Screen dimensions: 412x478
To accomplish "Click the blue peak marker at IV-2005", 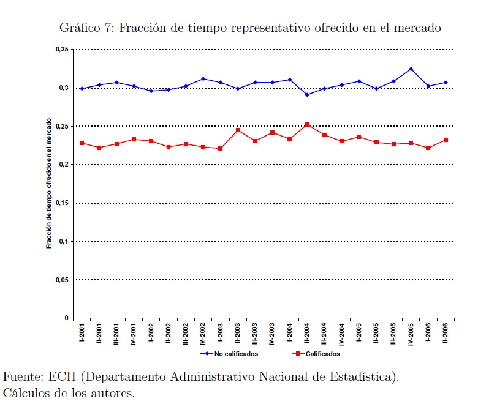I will point(411,69).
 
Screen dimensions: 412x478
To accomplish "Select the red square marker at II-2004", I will point(307,124).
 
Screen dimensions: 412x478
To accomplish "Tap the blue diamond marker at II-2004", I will point(307,94).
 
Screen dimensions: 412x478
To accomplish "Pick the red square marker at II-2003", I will point(238,130).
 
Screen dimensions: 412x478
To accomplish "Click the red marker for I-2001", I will point(82,143).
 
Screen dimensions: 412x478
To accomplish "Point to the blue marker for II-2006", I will point(446,83).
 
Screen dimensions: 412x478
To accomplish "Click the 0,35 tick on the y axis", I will point(61,50).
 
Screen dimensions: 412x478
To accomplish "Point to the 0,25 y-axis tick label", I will point(61,126).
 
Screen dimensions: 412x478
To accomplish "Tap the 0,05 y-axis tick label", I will point(61,280).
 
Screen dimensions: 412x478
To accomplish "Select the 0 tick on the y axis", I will point(66,318).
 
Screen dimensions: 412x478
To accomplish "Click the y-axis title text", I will point(50,184).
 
